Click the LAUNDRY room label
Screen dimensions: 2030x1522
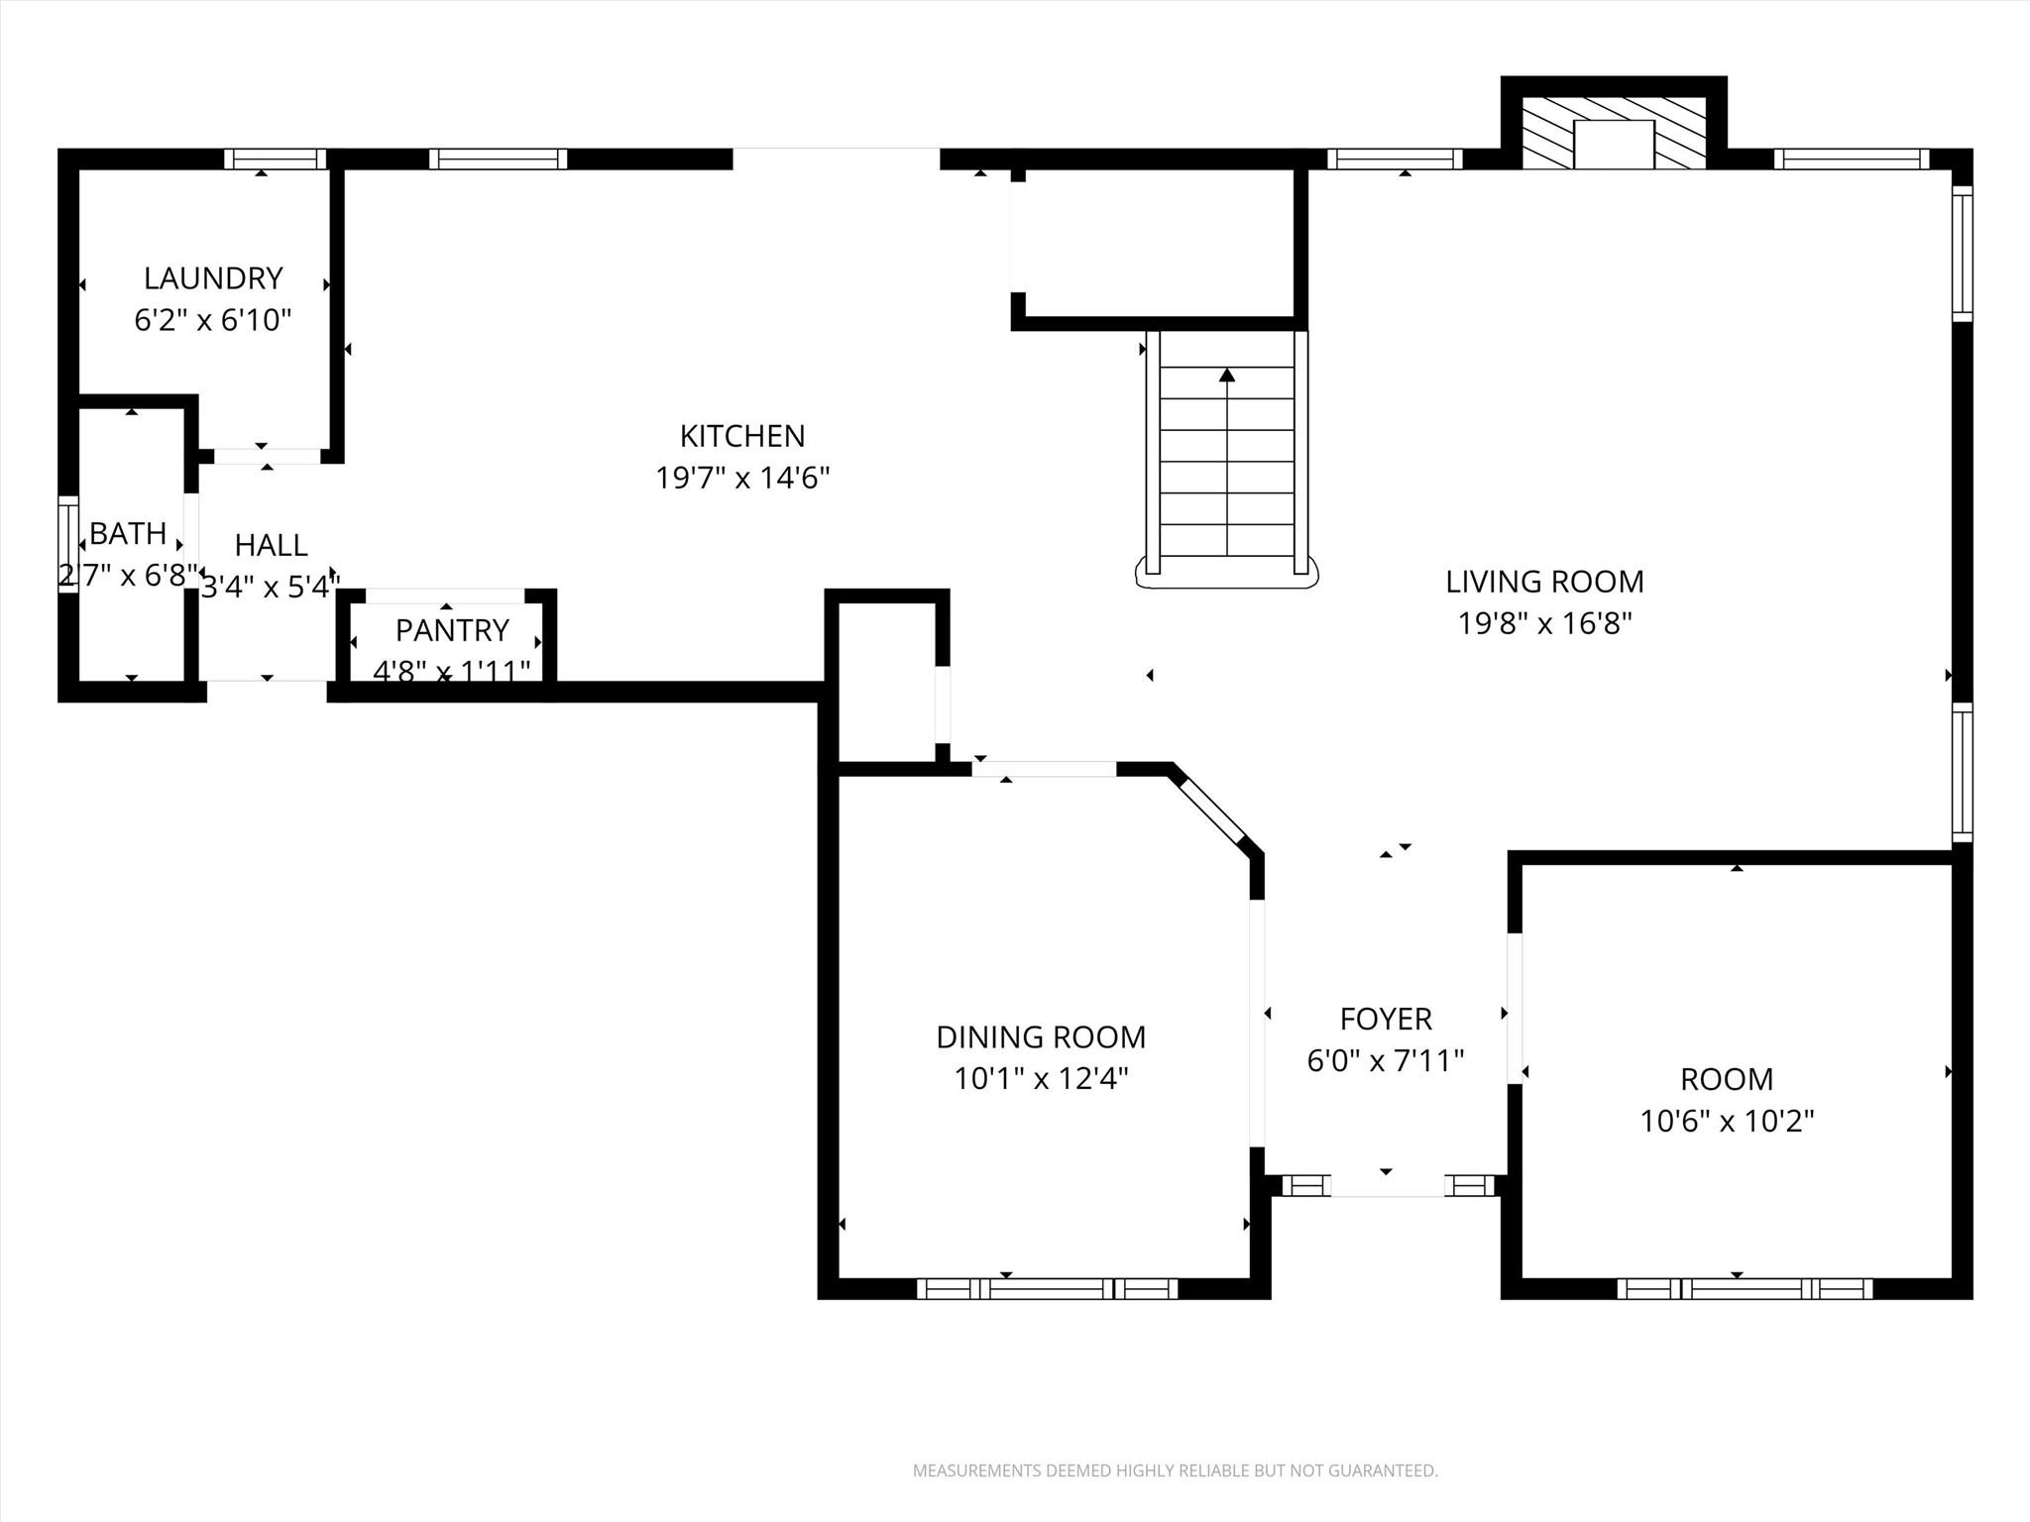(213, 278)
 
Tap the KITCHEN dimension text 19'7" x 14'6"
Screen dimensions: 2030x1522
(742, 479)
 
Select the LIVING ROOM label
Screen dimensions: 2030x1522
(1544, 582)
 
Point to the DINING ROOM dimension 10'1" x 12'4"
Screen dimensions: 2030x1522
(1041, 1078)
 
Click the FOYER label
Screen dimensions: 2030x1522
(1386, 1019)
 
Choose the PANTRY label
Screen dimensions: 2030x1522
(452, 630)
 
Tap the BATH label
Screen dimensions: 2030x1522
(128, 534)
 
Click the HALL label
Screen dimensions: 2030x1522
(271, 545)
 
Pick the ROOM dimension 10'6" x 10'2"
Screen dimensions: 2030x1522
(1727, 1121)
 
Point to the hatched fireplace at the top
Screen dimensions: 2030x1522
(1614, 132)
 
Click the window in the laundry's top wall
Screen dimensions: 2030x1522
(275, 159)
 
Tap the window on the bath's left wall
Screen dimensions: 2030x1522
(67, 544)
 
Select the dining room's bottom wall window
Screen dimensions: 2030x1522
(1047, 1288)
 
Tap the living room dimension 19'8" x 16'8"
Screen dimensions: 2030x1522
(1544, 624)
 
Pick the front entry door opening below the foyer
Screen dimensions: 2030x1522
(1387, 1186)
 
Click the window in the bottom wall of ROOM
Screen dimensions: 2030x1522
(1745, 1288)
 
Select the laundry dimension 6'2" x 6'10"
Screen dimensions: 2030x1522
(213, 321)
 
